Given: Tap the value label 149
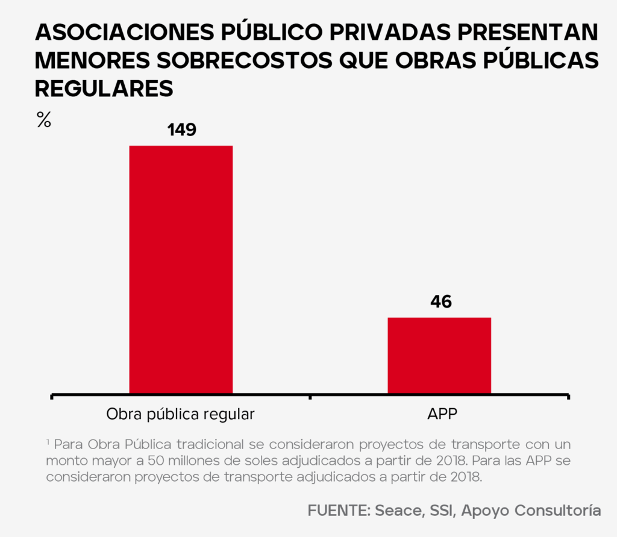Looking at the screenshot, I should pyautogui.click(x=181, y=129).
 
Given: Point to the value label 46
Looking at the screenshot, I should pyautogui.click(x=440, y=301).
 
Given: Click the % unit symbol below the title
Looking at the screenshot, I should pyautogui.click(x=43, y=120).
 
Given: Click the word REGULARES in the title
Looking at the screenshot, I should pyautogui.click(x=104, y=88).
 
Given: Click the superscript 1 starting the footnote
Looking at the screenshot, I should pyautogui.click(x=48, y=442).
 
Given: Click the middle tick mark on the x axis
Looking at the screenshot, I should pyautogui.click(x=310, y=397).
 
